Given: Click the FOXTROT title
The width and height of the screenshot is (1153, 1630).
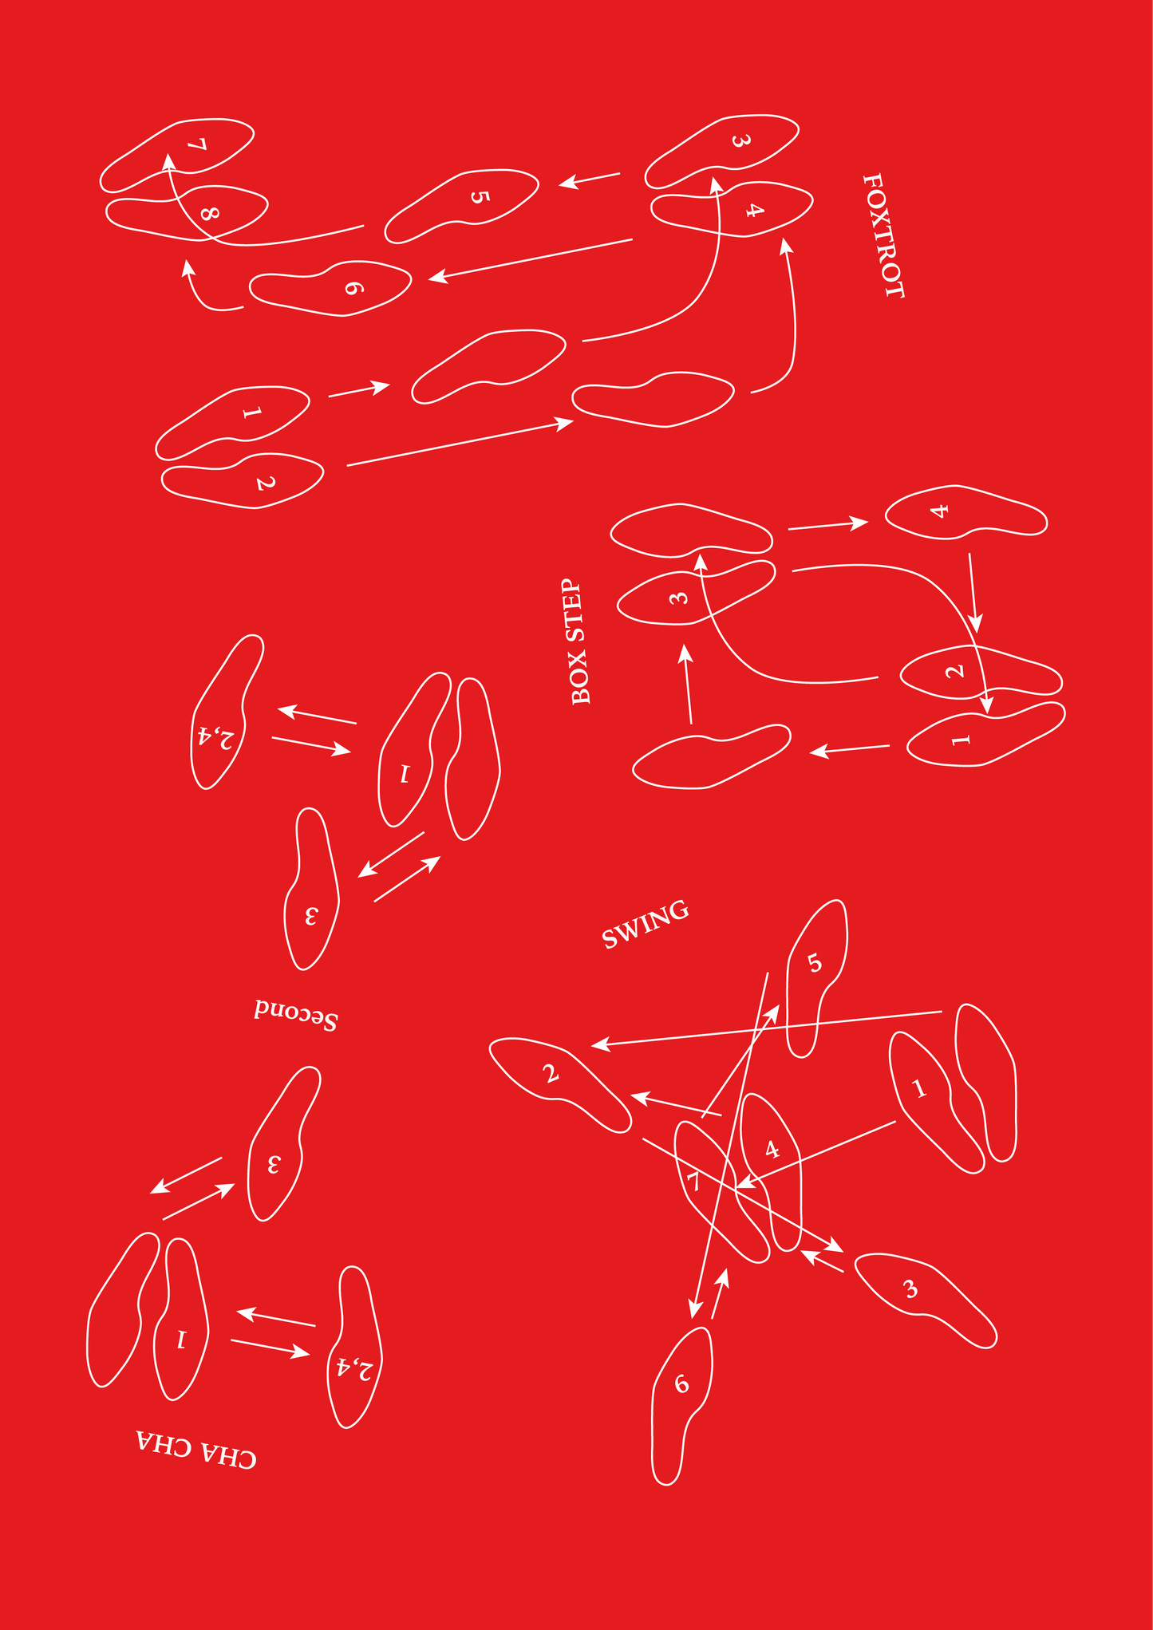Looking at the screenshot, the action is (884, 236).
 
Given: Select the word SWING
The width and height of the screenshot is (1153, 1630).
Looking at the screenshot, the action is (645, 925).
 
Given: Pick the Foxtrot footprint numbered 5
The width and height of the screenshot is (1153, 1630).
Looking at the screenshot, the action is (461, 206).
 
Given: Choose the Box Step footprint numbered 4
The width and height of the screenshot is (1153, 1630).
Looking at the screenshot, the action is (965, 511).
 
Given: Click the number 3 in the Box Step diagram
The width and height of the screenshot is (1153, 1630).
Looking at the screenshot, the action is (678, 597).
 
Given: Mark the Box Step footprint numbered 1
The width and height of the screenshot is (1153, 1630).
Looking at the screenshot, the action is (986, 735).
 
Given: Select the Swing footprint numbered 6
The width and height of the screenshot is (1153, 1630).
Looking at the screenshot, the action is (682, 1405).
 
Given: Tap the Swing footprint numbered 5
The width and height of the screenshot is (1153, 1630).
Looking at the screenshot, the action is (817, 978).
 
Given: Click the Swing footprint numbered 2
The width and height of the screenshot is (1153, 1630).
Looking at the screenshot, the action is (560, 1084).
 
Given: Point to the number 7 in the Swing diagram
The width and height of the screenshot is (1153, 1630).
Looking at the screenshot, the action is (695, 1182).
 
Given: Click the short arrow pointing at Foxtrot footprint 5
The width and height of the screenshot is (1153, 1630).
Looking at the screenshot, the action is (589, 180).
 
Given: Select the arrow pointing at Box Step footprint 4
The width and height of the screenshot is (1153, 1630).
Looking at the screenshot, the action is (828, 525).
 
